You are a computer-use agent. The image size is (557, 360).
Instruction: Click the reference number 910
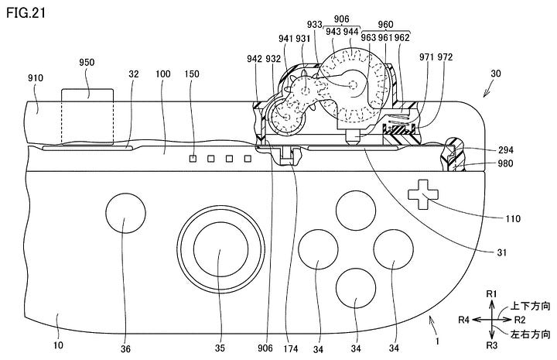click(x=36, y=77)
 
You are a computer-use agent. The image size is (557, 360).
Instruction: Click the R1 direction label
click(x=490, y=294)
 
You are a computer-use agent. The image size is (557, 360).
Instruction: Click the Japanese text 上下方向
click(x=530, y=307)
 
